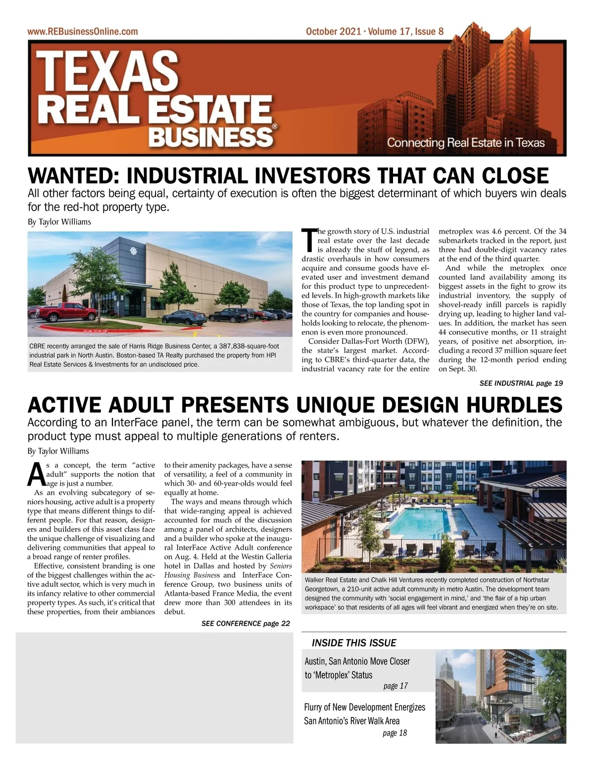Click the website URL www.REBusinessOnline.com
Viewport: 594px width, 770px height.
coord(83,32)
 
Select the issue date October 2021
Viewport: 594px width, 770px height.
coord(333,32)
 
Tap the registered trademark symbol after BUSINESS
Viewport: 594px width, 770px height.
coord(275,127)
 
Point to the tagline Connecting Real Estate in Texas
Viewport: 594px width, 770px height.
coord(465,143)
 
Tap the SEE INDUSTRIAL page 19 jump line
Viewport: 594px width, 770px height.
coord(521,383)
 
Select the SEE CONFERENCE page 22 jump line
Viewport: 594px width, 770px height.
coord(246,623)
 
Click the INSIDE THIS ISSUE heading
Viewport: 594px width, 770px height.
coord(354,643)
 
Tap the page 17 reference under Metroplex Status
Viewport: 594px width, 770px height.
coord(395,686)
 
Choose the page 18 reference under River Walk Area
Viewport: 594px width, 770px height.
coord(395,733)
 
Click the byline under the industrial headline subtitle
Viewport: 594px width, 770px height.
coord(59,222)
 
